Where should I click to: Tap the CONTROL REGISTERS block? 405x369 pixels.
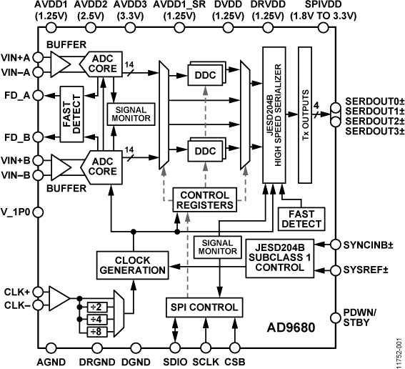pyautogui.click(x=206, y=200)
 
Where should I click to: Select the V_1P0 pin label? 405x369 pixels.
pyautogui.click(x=16, y=212)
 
